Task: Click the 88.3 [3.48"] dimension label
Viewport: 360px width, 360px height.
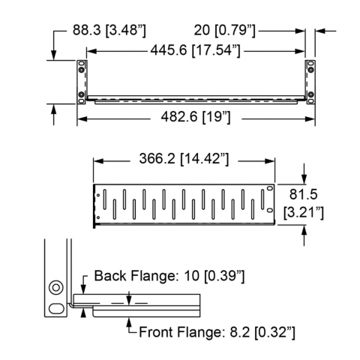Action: coord(109,30)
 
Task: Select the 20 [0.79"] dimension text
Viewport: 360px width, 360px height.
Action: coord(225,31)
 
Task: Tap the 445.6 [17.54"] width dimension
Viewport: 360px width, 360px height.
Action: coord(195,50)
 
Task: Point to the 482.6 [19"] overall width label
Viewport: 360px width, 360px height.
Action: coord(196,117)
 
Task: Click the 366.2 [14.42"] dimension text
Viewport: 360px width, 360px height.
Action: coord(184,159)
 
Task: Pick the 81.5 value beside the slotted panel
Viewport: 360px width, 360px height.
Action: coord(303,194)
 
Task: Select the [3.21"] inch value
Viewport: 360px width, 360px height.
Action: coord(303,213)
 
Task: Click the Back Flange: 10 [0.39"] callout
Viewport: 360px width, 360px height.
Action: coord(169,276)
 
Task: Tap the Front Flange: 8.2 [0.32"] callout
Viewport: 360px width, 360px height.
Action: coord(217,332)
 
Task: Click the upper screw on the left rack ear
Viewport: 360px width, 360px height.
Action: coord(81,70)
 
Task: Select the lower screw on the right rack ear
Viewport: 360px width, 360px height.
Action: coord(310,94)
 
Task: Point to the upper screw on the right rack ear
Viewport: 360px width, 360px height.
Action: coord(310,70)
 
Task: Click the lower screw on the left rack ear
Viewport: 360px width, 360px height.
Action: coord(81,94)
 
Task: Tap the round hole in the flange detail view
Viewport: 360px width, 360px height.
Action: coord(56,287)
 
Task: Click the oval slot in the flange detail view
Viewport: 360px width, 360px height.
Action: coord(56,308)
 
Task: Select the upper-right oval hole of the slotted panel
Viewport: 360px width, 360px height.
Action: coord(270,188)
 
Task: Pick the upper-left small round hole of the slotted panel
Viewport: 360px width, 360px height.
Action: coord(98,195)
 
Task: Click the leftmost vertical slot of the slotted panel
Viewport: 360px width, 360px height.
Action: coord(105,199)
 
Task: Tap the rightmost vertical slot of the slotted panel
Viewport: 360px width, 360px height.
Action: coord(262,199)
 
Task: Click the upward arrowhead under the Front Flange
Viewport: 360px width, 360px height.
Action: coord(129,322)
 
